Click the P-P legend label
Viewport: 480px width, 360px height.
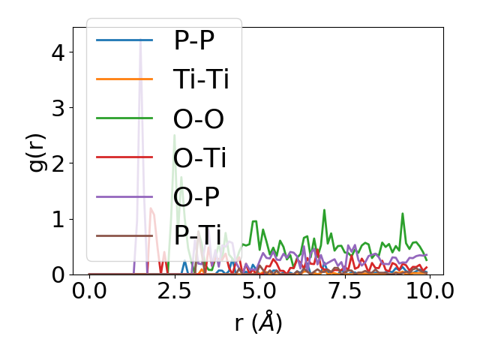[x=193, y=40]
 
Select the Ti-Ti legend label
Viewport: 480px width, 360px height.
[x=201, y=79]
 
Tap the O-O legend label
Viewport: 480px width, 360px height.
[x=199, y=119]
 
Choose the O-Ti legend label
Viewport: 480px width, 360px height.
[x=199, y=158]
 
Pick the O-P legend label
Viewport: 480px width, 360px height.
[x=196, y=198]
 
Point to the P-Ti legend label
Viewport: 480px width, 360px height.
[x=197, y=237]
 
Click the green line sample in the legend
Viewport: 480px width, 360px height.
[x=124, y=119]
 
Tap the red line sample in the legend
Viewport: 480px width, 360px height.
[x=124, y=158]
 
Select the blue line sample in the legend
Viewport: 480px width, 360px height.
[x=124, y=40]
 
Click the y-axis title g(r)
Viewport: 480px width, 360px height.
[x=36, y=151]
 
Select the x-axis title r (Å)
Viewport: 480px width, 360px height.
[x=258, y=323]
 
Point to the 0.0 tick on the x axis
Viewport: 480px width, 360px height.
[x=89, y=292]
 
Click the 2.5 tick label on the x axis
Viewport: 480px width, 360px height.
[x=174, y=292]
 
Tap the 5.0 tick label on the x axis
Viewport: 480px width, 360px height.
[x=259, y=292]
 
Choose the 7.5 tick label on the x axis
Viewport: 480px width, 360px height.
[x=343, y=292]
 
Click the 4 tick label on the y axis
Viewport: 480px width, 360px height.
[x=58, y=52]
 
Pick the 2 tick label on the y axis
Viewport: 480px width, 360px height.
[x=58, y=163]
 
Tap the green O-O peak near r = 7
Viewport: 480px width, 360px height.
[x=324, y=211]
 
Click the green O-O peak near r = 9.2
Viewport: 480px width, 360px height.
[x=403, y=214]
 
